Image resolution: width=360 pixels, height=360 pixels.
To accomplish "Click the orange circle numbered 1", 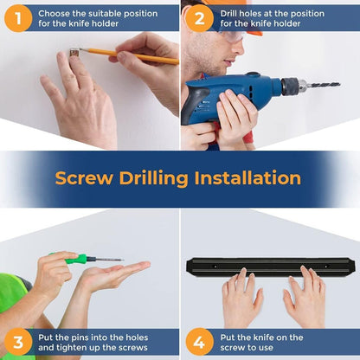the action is [x=18, y=18].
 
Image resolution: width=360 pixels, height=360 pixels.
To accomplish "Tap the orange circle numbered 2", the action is [x=199, y=18].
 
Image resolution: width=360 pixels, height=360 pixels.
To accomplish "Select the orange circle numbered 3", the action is [x=18, y=342].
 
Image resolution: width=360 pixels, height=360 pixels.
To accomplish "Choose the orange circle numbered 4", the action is [x=199, y=342].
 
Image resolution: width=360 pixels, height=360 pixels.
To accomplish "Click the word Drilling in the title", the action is [x=154, y=179].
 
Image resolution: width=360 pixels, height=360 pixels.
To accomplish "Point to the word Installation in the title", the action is [x=247, y=177].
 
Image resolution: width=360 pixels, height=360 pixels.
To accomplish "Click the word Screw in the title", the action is [x=84, y=178].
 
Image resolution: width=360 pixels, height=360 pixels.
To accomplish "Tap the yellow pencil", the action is [x=130, y=55].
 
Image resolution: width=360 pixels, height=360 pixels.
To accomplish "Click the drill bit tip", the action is [x=339, y=85].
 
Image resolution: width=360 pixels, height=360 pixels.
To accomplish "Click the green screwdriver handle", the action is [x=75, y=259].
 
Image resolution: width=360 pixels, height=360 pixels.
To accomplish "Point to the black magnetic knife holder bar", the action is [x=271, y=266].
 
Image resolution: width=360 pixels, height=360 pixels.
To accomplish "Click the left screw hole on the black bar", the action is [x=215, y=267].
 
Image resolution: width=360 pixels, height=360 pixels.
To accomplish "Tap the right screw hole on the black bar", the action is [x=326, y=267].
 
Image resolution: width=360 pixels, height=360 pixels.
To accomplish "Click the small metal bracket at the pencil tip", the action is [x=74, y=53].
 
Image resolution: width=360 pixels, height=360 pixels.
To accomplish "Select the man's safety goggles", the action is [x=231, y=35].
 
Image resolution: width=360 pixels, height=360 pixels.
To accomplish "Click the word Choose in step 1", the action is [x=54, y=14].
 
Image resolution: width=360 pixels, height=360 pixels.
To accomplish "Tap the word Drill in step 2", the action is [x=228, y=14].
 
